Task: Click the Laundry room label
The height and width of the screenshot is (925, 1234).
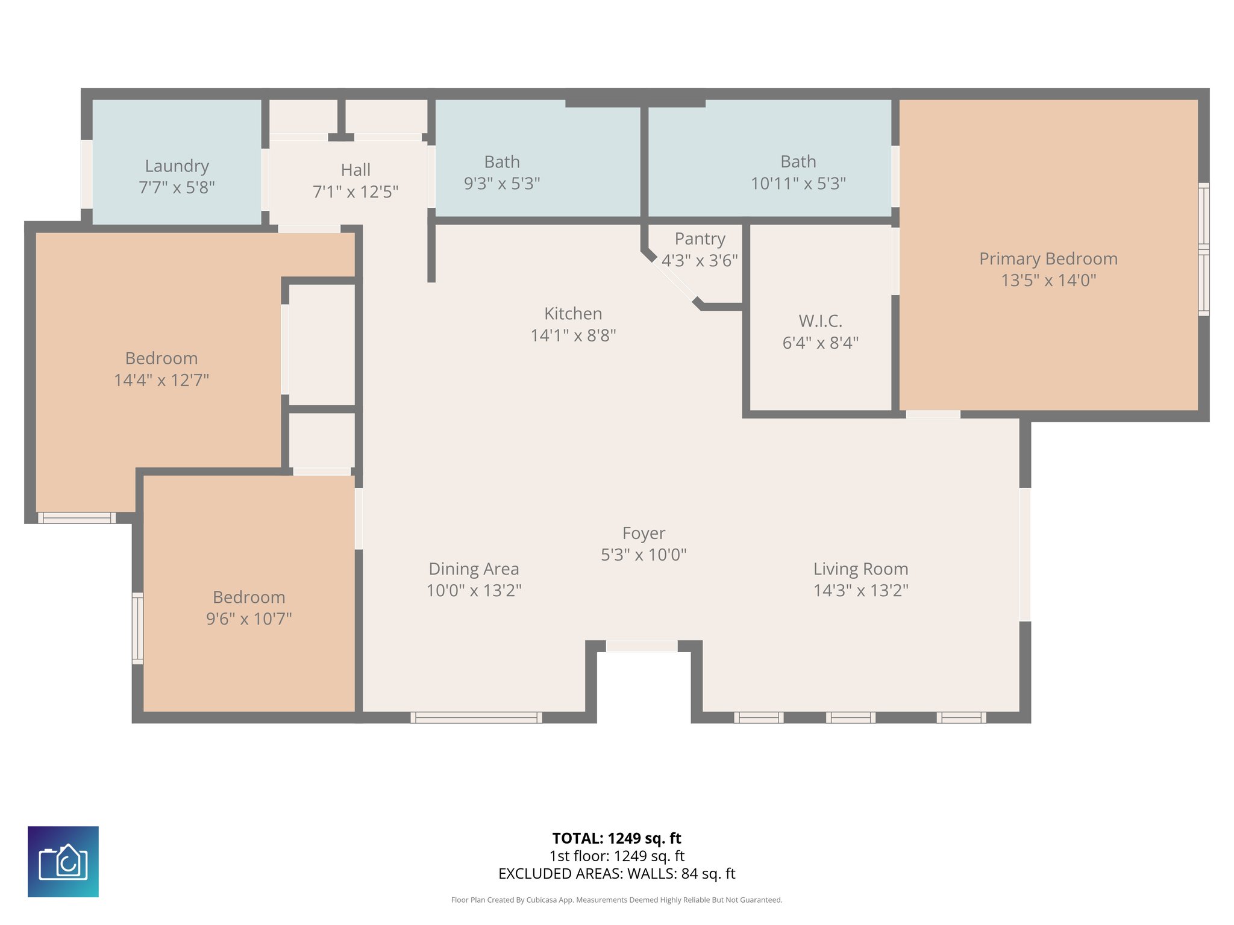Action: click(177, 166)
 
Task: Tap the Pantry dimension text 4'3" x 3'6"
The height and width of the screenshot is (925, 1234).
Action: click(700, 261)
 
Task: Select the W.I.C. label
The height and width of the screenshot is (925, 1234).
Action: click(820, 320)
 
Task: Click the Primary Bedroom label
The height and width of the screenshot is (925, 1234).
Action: click(1048, 259)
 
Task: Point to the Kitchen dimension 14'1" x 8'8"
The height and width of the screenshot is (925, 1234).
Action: click(572, 335)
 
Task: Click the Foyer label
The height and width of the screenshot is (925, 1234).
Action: click(644, 533)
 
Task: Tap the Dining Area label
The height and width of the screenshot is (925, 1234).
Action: click(474, 568)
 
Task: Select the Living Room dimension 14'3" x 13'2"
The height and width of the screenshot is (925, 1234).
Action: click(860, 591)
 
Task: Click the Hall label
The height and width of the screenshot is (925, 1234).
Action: click(355, 170)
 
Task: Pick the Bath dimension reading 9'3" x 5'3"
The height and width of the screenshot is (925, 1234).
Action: click(501, 184)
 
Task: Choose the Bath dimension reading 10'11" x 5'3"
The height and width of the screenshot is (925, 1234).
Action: click(798, 184)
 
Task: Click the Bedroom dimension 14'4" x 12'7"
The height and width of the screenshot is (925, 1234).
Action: click(161, 381)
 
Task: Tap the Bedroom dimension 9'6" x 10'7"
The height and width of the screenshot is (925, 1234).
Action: click(249, 619)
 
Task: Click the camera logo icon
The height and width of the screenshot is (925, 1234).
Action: click(63, 861)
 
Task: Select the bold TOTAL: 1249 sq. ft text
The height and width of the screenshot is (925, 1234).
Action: click(616, 838)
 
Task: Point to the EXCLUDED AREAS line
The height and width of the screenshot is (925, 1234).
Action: click(616, 874)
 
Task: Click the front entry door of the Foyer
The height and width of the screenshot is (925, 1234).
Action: click(641, 646)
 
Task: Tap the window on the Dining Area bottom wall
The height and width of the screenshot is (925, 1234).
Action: click(476, 717)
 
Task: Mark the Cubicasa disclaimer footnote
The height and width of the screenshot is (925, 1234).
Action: click(616, 900)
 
